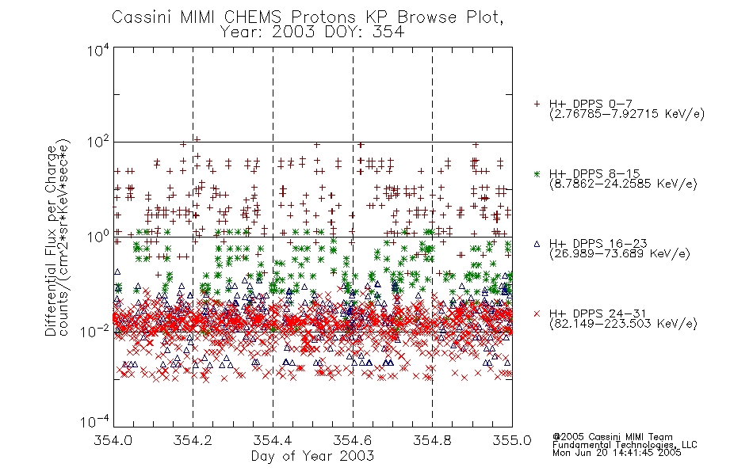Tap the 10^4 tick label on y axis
(x=98, y=50)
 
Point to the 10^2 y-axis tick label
(x=98, y=142)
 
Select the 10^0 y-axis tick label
(x=98, y=237)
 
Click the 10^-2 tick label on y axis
(x=96, y=331)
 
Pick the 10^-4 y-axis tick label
(x=96, y=421)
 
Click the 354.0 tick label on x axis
(x=113, y=440)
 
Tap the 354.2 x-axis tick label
(x=193, y=440)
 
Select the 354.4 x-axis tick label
(x=273, y=440)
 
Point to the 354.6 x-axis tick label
(x=353, y=440)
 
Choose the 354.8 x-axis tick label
(x=432, y=440)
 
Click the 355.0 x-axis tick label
(x=512, y=440)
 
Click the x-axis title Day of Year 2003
(x=312, y=456)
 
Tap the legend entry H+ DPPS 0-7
(x=591, y=104)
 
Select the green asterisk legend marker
(x=537, y=174)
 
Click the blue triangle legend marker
(x=537, y=244)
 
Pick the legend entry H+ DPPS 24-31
(x=598, y=314)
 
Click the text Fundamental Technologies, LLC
(x=625, y=445)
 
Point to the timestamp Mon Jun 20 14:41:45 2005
(x=617, y=453)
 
